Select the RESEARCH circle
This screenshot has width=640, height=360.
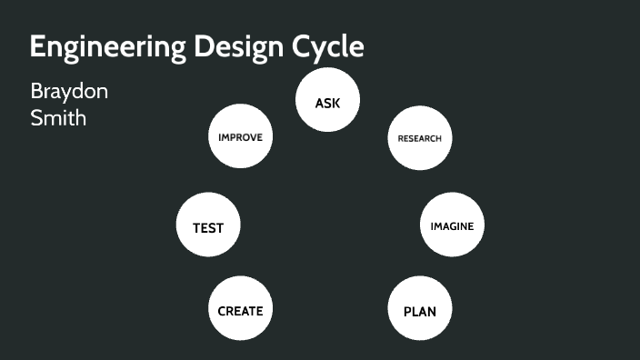pos(420,138)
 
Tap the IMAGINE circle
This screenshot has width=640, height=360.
pos(452,225)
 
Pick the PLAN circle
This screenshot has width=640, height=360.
pos(420,311)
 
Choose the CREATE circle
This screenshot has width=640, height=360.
pos(240,310)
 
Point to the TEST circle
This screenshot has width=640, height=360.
pos(207,227)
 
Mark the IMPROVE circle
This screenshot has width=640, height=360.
pos(240,137)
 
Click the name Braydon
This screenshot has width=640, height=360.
pos(69,92)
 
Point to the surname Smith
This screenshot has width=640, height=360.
pos(59,117)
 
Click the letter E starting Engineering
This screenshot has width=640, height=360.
pos(37,46)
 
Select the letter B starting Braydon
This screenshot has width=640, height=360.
pos(36,92)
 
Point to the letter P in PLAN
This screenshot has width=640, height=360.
pos(407,312)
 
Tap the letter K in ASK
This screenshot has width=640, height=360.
pos(335,104)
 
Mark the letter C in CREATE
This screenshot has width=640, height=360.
pos(222,311)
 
